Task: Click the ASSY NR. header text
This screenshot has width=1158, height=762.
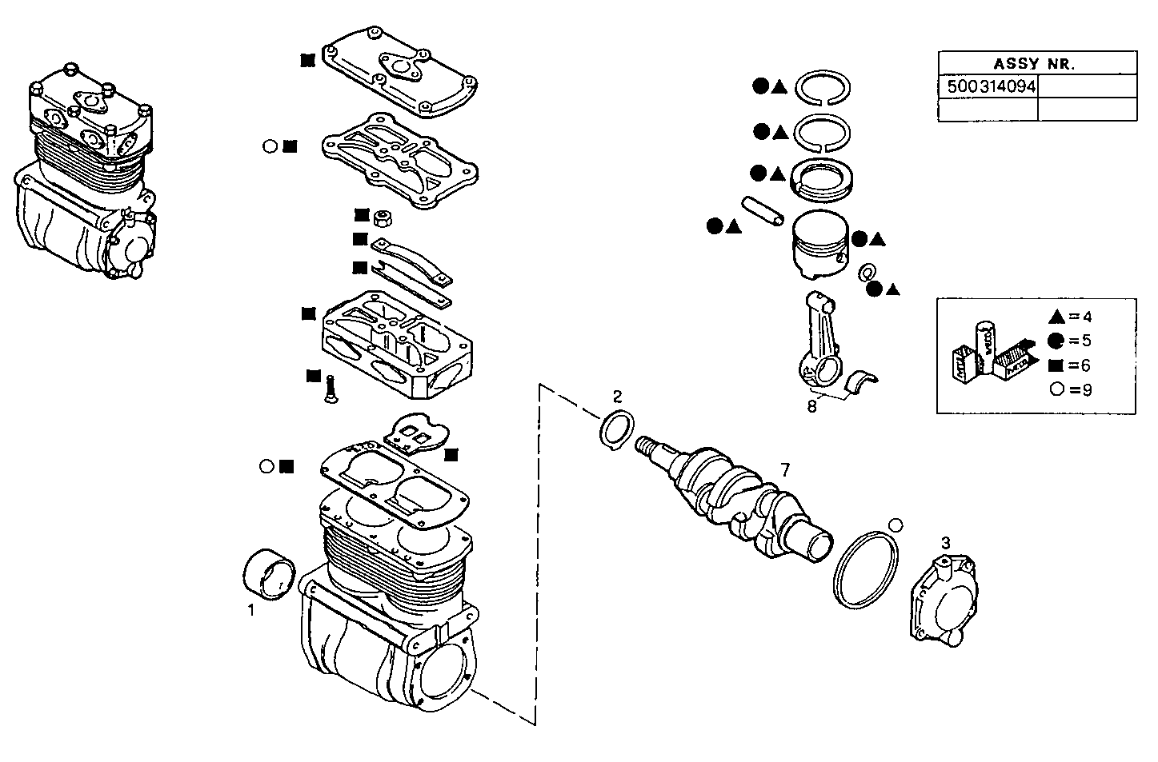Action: [1034, 64]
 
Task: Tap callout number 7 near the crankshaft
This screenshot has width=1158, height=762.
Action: [785, 469]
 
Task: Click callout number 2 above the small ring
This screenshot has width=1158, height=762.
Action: [617, 396]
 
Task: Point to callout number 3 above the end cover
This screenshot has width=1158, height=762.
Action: [945, 543]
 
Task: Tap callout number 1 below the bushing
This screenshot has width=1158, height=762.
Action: [251, 610]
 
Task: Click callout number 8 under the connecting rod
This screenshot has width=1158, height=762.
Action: [812, 405]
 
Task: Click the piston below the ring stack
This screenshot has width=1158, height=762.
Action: [819, 244]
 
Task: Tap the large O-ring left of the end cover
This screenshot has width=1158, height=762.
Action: [867, 569]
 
